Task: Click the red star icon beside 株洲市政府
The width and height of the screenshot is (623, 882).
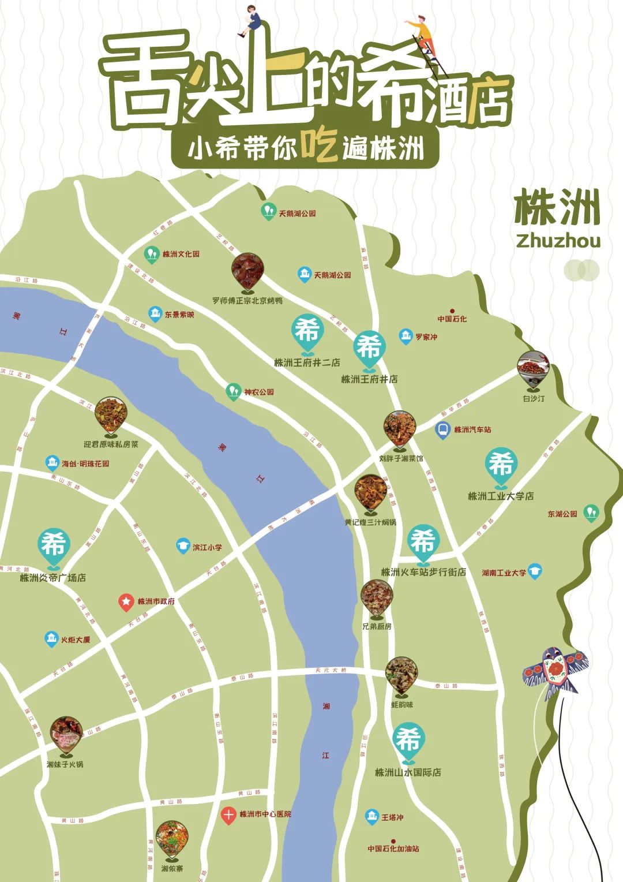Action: tap(126, 602)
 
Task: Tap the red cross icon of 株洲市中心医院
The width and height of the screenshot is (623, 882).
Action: tap(228, 814)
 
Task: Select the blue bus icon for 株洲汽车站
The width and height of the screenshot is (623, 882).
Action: tap(442, 430)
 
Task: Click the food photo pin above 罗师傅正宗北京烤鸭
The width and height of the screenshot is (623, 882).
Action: tap(248, 270)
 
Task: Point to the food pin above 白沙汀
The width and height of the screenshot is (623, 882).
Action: tap(533, 368)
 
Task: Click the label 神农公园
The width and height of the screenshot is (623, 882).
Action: tap(258, 392)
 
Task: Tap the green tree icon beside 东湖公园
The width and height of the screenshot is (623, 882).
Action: tap(590, 513)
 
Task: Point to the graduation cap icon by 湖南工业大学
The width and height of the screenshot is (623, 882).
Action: tap(535, 571)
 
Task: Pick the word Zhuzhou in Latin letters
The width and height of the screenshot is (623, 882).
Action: tap(558, 241)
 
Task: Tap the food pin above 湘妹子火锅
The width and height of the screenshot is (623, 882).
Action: tap(66, 734)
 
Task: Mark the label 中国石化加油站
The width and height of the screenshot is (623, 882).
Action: tap(393, 849)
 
